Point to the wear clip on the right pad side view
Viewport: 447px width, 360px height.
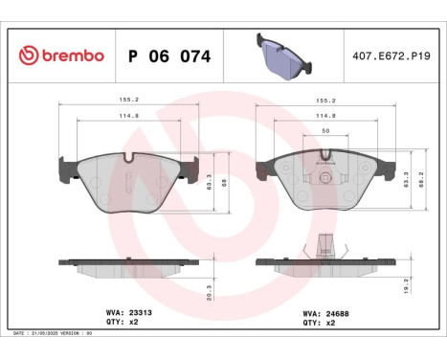pos(326,246)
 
